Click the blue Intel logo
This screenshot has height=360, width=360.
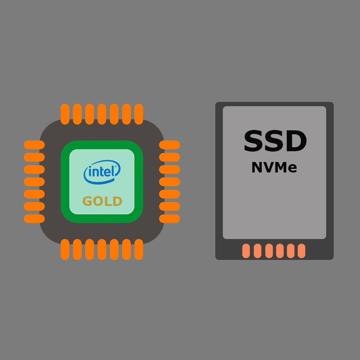click(102, 172)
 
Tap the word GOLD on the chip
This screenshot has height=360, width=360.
click(102, 201)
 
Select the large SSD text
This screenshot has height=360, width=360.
click(275, 142)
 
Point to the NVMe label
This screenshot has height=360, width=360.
click(274, 168)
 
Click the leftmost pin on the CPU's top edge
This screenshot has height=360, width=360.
click(65, 114)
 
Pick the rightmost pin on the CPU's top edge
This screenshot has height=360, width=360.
click(139, 114)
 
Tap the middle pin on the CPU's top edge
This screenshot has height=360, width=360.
click(102, 114)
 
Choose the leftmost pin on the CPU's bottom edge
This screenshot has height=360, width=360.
click(65, 249)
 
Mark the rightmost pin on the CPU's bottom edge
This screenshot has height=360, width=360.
click(139, 249)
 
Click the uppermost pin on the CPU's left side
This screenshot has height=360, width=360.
click(34, 145)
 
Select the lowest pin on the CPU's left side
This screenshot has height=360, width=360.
click(34, 219)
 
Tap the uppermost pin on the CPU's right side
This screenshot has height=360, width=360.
click(170, 145)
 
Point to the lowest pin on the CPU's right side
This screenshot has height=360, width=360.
click(170, 219)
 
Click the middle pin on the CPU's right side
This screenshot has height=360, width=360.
click(170, 182)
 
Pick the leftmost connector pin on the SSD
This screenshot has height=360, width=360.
click(246, 251)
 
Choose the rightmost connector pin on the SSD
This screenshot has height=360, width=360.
click(301, 251)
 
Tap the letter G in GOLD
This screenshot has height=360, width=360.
click(88, 201)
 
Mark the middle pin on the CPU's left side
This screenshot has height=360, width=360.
click(34, 182)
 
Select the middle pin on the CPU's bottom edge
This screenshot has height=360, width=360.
click(102, 249)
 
